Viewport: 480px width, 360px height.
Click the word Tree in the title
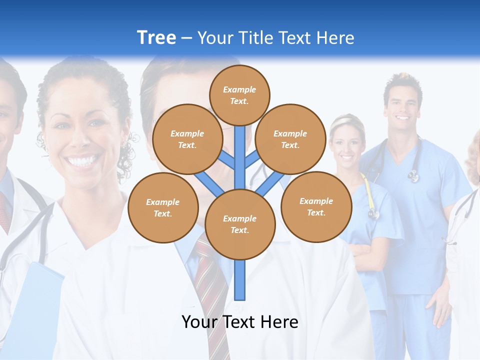156,37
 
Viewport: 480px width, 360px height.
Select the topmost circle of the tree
239,95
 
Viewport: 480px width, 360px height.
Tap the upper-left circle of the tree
187,139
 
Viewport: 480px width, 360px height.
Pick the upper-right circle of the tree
290,139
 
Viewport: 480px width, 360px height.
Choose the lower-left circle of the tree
163,207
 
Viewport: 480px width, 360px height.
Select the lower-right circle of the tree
316,206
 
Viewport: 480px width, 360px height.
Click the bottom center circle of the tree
240,224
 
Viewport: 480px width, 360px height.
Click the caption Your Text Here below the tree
240,322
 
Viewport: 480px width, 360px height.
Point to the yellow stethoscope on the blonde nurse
370,197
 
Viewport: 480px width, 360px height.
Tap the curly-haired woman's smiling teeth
83,161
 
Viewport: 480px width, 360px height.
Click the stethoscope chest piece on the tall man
413,175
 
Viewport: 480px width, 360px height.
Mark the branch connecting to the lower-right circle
268,184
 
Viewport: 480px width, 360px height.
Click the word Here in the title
334,38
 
